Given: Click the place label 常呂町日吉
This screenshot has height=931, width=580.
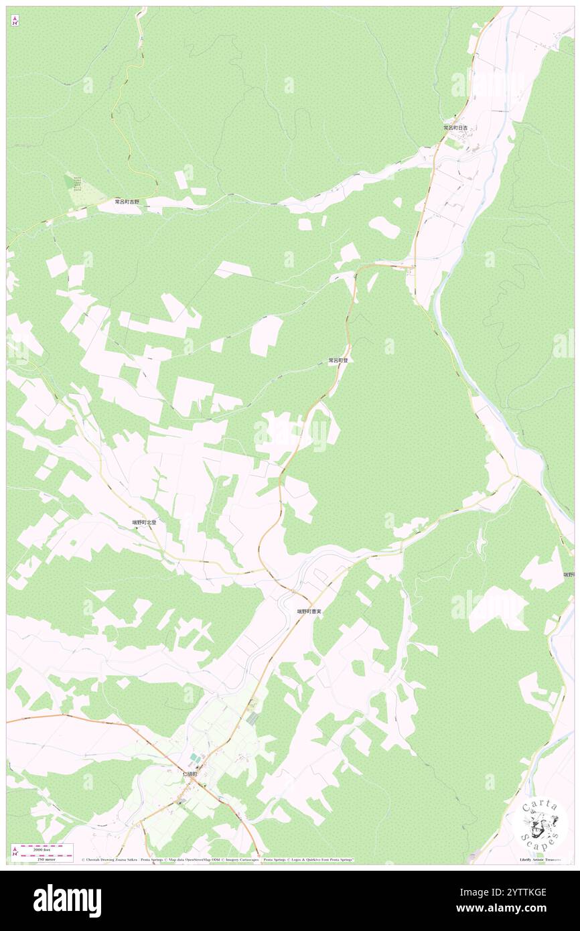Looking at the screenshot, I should pos(455,127).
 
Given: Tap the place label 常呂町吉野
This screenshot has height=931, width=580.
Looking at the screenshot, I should pos(127,201).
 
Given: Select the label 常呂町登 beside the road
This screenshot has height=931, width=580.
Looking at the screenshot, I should pos(338,360).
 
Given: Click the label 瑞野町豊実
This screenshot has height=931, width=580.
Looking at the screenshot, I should pos(309,612).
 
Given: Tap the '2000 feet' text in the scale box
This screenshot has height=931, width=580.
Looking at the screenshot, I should pos(46,847).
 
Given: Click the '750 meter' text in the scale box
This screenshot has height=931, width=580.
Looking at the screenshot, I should pos(46,859).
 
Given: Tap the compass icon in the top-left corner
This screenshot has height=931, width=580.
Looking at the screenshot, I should pos(15,21).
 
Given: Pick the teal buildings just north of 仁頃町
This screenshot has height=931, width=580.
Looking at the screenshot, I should pos(194,757).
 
